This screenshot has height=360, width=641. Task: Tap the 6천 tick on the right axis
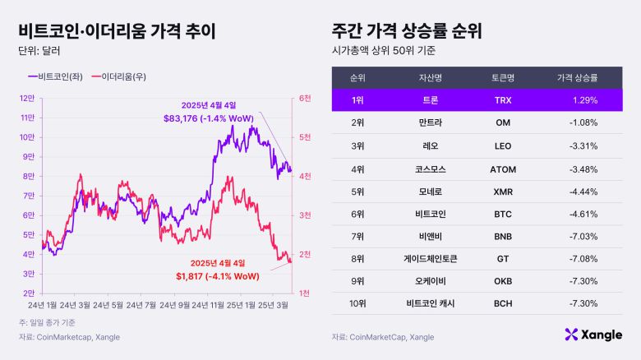point(305,99)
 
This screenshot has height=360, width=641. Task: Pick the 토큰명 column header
point(503,78)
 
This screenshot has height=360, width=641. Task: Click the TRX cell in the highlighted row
point(503,101)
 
